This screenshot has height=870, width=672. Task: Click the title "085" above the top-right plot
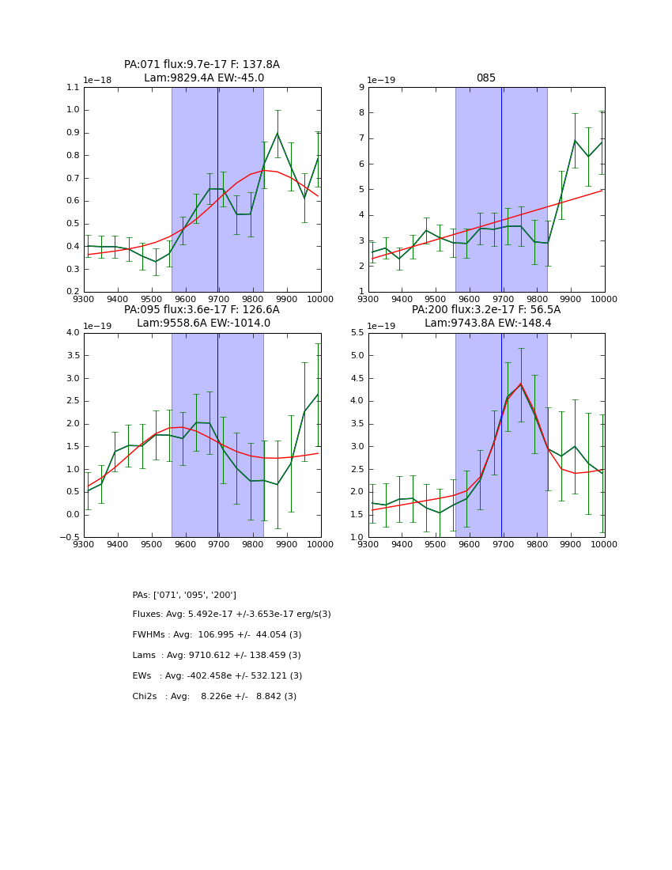point(485,78)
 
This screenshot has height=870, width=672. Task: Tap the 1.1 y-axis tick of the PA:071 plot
point(72,88)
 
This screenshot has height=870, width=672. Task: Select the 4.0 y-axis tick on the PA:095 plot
point(72,333)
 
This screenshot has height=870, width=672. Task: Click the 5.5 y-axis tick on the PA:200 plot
point(356,333)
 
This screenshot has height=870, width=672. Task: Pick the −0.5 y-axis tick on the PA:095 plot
point(69,538)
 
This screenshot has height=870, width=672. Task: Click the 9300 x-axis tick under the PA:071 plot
point(84,298)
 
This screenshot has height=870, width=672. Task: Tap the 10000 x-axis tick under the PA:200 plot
point(604,544)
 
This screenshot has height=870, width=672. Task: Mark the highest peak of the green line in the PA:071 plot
point(277,133)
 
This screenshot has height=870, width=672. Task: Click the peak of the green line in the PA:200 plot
point(520,384)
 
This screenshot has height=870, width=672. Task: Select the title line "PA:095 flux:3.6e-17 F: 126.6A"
point(202,310)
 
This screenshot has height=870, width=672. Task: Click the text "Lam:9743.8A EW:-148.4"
point(486,323)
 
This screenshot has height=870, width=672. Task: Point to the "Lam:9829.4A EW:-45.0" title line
point(204,78)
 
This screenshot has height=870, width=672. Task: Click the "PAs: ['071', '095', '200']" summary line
point(184,595)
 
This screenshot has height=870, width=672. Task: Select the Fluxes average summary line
point(232,615)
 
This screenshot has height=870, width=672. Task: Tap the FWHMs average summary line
point(217,635)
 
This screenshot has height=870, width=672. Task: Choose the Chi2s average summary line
point(214,697)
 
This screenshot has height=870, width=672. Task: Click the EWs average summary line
point(217,676)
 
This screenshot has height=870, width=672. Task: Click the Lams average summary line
point(217,656)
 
